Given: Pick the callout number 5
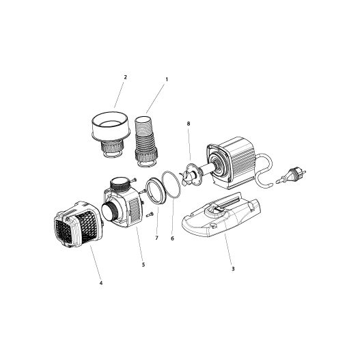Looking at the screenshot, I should click(x=142, y=264).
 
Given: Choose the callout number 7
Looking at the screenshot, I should click(x=156, y=238).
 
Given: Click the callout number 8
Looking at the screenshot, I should click(x=188, y=123).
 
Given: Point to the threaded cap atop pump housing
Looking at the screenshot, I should click(x=120, y=184).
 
